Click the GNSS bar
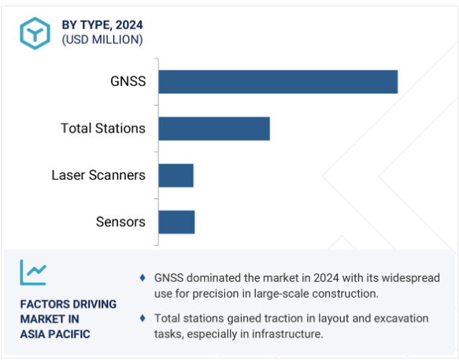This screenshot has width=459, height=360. [x=278, y=82]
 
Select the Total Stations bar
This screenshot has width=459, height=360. [x=214, y=128]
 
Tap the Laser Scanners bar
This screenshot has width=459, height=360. [x=176, y=176]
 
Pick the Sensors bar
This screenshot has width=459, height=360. [x=176, y=222]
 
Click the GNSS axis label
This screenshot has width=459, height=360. [x=128, y=81]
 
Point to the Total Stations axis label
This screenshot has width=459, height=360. [x=103, y=128]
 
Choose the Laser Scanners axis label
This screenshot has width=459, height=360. [x=98, y=175]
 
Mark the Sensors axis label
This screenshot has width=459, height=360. [x=120, y=221]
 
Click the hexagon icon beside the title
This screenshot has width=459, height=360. [x=35, y=33]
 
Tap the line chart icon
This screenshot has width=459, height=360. [x=33, y=273]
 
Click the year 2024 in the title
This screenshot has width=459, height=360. [x=129, y=25]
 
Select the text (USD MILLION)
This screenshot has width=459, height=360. [x=102, y=40]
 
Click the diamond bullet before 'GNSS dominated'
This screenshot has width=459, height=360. [x=143, y=278]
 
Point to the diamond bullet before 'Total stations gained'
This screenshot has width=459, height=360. [x=143, y=318]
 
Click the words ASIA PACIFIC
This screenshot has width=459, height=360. [x=55, y=334]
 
